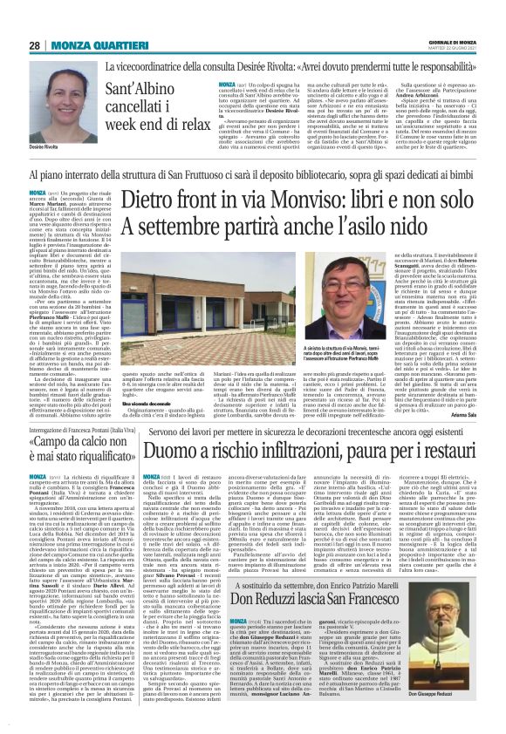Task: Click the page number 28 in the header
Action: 35,45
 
